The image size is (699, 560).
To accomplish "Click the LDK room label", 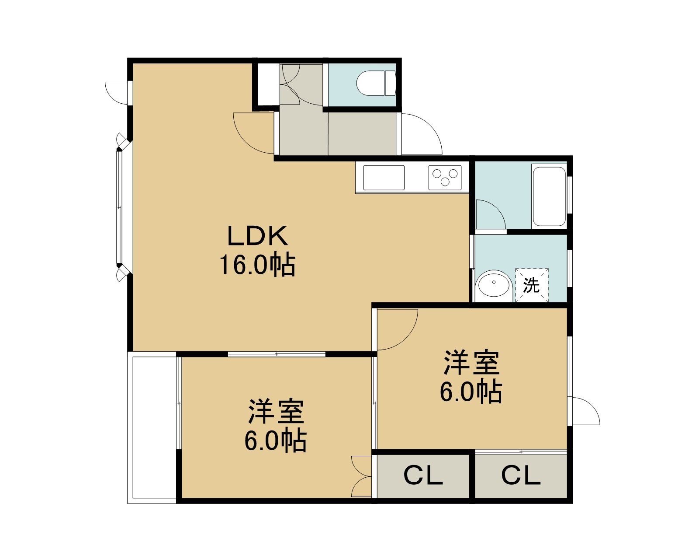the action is point(258,235).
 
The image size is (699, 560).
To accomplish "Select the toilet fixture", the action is point(376,83).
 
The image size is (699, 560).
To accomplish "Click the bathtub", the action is point(549,196).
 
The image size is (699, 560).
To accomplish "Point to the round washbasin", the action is point(494,283).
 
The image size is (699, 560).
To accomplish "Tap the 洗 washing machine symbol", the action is point(532,285).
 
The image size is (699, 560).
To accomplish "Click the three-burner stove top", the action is point(445,178).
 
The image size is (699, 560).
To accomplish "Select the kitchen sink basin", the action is point(384,178).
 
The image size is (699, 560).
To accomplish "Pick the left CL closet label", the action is point(423,476).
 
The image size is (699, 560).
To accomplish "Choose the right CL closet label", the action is point(521,476).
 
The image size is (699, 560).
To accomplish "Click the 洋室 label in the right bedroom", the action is point(472,363).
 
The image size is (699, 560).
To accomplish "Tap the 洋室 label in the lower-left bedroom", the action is point(276,411).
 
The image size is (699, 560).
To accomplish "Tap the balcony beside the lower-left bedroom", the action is point(152,427).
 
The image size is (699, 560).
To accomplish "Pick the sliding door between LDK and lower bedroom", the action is point(277,354).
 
